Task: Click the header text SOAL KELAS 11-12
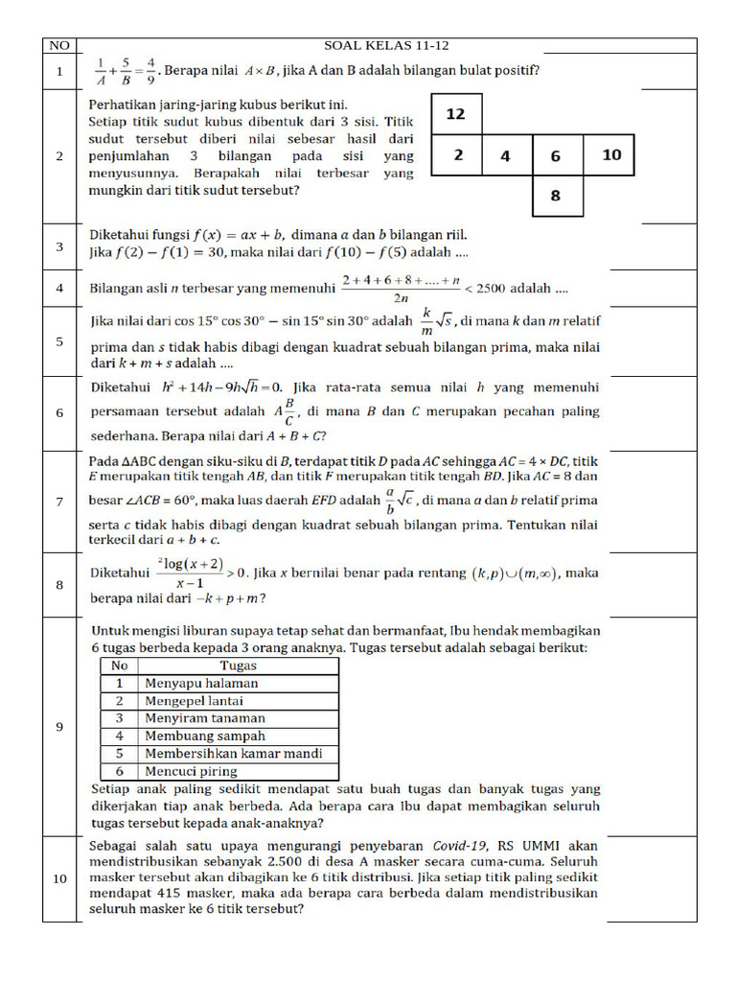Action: tap(387, 45)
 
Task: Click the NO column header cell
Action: tap(59, 45)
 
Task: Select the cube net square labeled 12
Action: tap(456, 114)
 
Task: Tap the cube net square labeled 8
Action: tap(556, 196)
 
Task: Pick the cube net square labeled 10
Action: tap(611, 155)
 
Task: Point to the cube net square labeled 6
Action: tap(556, 155)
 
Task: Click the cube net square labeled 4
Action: tap(506, 155)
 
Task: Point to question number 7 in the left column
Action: tap(59, 502)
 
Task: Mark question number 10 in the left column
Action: tap(59, 878)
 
